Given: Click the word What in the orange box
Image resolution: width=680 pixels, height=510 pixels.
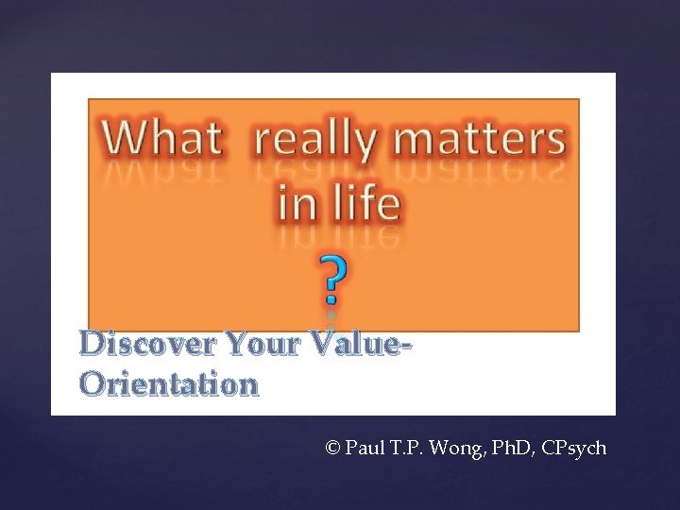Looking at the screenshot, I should [x=162, y=140].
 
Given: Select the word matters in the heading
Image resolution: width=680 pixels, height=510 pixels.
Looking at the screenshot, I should [x=480, y=140].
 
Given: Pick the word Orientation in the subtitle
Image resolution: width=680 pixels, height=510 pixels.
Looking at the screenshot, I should [x=169, y=384].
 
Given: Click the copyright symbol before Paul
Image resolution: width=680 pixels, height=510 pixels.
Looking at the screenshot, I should [x=331, y=448].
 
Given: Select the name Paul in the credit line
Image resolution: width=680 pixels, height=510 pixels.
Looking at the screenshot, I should [x=365, y=448].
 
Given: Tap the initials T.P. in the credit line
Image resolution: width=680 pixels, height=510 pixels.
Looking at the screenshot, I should [x=408, y=448].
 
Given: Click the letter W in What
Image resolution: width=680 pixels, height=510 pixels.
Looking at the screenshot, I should [x=125, y=140].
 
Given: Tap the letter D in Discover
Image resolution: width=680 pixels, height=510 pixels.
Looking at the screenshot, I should [x=93, y=344].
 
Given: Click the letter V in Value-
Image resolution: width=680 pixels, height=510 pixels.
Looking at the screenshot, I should [x=320, y=344].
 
